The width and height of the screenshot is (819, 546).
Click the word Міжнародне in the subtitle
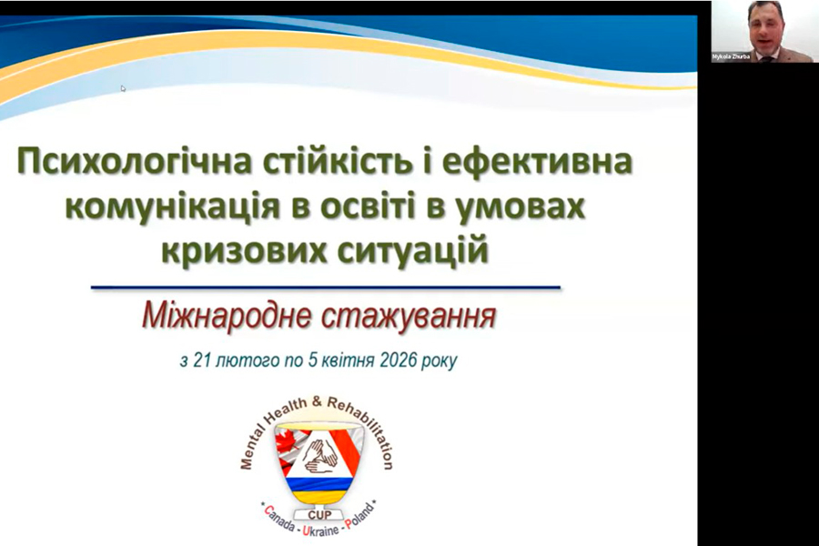point(227,316)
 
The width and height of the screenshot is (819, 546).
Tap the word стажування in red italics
point(408,316)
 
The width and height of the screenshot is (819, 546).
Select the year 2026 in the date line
point(399,360)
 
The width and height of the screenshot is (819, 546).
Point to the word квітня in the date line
point(349,360)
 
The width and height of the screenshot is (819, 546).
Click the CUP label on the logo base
point(319,515)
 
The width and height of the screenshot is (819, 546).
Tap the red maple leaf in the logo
point(287,445)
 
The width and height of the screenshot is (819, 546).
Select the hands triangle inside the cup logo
point(318,454)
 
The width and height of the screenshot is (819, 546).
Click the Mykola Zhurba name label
point(731,56)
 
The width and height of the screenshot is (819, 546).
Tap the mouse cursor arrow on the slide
point(123,88)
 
